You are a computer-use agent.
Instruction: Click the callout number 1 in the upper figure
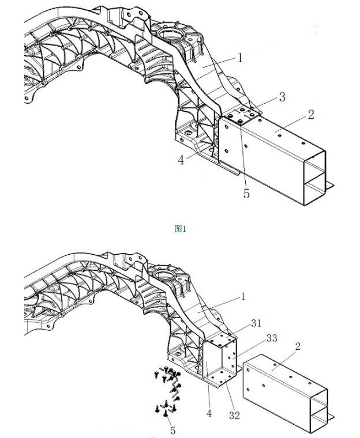[240, 58]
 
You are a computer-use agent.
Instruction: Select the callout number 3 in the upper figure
[282, 97]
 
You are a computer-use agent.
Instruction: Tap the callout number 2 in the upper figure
[311, 115]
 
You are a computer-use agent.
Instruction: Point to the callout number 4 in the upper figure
[181, 160]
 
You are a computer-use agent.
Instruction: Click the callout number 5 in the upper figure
[246, 194]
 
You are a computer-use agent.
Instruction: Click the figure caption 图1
[180, 229]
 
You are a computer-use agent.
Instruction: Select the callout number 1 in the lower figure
[243, 297]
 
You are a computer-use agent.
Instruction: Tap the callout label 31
[256, 323]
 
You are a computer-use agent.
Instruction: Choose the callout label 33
[272, 338]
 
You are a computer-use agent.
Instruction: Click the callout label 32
[234, 416]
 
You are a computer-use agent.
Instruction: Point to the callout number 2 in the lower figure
[298, 346]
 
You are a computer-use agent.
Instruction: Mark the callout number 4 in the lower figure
[209, 413]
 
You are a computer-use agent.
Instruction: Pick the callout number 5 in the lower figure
[173, 431]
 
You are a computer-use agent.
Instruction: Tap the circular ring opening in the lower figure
[165, 274]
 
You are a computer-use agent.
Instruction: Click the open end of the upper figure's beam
[314, 178]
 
